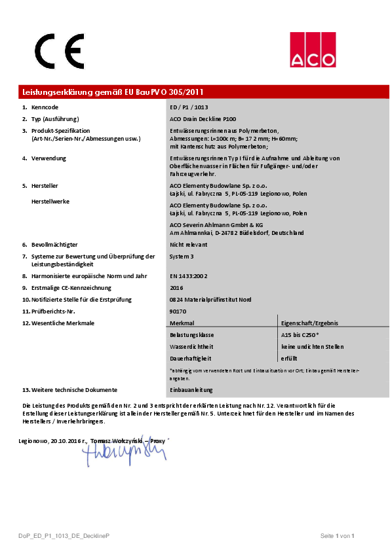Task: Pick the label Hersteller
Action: (x=45, y=186)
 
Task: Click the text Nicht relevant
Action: (x=189, y=244)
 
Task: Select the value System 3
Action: (x=182, y=257)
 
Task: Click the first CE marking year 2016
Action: (x=176, y=288)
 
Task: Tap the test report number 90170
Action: (x=178, y=311)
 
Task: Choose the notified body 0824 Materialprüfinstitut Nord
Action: (x=209, y=300)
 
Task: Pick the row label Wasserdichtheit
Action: (x=191, y=347)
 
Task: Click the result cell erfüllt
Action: (x=290, y=359)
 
